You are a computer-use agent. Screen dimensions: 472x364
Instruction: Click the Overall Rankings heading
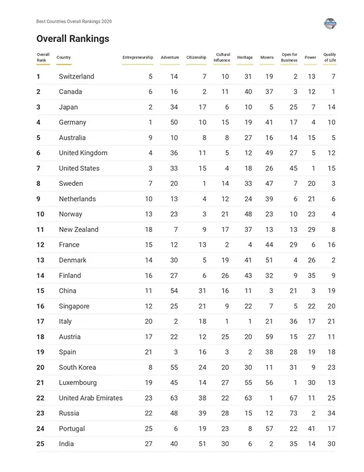point(72,39)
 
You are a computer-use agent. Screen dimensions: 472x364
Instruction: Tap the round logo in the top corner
point(330,24)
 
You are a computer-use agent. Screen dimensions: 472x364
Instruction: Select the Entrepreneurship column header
point(137,57)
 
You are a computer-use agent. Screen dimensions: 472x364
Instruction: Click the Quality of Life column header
point(329,57)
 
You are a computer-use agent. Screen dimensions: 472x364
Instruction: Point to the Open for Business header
point(289,57)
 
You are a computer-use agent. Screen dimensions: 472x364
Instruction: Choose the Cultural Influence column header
point(222,57)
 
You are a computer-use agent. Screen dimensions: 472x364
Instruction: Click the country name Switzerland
point(77,77)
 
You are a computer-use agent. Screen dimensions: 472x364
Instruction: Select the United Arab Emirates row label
point(91,398)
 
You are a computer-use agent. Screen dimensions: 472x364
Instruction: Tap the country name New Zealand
point(78,230)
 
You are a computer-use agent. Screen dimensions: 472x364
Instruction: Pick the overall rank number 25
point(40,444)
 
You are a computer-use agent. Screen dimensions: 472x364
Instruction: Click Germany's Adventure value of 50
point(174,123)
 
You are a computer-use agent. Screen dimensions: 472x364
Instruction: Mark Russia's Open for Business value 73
point(293,414)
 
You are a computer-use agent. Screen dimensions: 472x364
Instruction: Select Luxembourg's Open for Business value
point(295,383)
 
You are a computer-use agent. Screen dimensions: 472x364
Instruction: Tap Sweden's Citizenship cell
point(204,184)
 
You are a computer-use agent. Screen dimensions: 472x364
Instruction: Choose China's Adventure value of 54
point(174,291)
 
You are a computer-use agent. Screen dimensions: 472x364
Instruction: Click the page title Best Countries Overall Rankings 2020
point(74,21)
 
